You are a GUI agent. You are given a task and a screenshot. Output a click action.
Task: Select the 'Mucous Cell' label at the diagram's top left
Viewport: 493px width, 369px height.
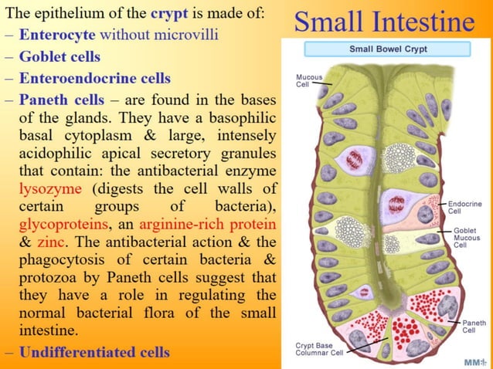pyautogui.click(x=308, y=81)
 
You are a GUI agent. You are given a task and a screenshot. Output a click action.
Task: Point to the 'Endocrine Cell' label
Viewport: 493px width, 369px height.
pyautogui.click(x=465, y=207)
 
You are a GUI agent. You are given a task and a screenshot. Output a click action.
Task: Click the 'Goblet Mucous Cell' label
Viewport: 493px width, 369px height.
pyautogui.click(x=465, y=238)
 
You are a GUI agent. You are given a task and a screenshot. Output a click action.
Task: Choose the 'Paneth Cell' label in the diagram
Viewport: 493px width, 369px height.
pyautogui.click(x=473, y=325)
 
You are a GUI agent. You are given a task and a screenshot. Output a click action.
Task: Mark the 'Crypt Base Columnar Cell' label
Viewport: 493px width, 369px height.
pyautogui.click(x=320, y=349)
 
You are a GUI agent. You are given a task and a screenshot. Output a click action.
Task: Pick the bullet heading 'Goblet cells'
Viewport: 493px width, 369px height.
pyautogui.click(x=59, y=56)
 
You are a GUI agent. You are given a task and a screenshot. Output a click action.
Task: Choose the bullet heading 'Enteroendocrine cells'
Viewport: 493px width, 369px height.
pyautogui.click(x=94, y=78)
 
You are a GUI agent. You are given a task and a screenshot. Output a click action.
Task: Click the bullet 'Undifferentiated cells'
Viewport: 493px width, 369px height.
pyautogui.click(x=93, y=353)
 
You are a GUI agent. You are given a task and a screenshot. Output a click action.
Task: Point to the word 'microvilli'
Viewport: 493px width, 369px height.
pyautogui.click(x=185, y=35)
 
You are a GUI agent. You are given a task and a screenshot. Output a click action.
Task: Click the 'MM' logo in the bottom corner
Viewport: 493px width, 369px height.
pyautogui.click(x=474, y=361)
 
